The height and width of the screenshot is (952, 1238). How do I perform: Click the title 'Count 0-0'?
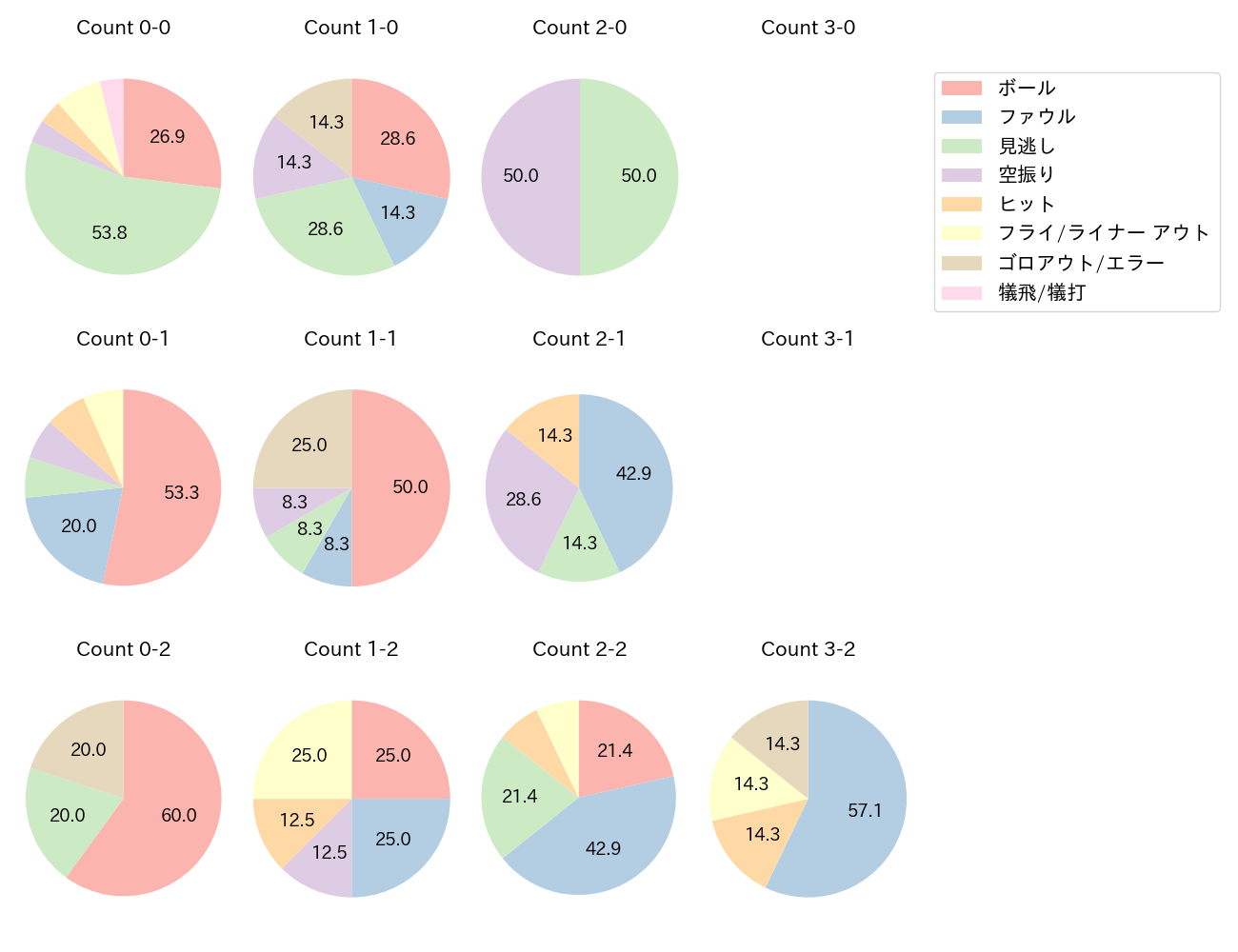click(x=123, y=28)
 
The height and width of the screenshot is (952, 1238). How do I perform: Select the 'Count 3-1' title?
click(x=808, y=339)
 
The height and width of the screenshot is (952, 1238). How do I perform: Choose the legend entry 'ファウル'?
click(x=1036, y=117)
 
